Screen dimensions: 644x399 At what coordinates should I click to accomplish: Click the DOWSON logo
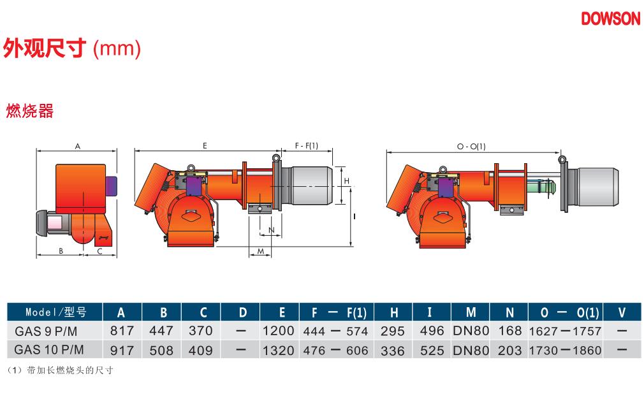click(x=611, y=18)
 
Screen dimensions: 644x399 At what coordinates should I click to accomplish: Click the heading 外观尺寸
click(x=45, y=48)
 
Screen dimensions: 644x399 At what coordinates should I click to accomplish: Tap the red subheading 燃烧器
click(x=29, y=111)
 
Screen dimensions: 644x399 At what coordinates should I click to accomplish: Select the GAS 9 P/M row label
click(x=46, y=331)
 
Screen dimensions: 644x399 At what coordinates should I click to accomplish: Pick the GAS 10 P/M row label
click(x=49, y=350)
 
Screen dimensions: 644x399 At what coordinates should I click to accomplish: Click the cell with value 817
click(x=122, y=330)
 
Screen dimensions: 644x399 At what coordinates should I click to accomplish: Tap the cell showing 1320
click(x=279, y=350)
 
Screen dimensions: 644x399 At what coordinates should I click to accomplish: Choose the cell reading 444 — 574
click(x=335, y=331)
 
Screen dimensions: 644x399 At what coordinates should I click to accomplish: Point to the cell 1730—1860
click(x=565, y=350)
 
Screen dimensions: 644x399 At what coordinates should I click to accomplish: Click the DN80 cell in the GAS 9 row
click(x=471, y=330)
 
